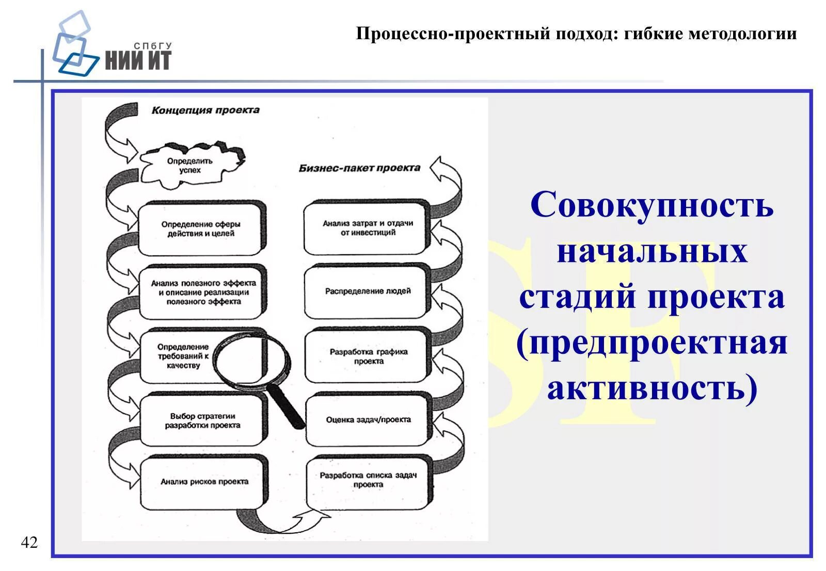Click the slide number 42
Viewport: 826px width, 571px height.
(29, 542)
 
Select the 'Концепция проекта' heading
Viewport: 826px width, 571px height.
(205, 110)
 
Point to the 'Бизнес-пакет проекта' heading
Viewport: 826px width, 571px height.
(359, 168)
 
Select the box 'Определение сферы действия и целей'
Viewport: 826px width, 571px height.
(200, 229)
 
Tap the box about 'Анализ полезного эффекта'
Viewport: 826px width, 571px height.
(203, 292)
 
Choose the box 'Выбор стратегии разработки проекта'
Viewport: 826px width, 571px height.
(202, 420)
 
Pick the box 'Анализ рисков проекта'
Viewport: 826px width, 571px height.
(204, 481)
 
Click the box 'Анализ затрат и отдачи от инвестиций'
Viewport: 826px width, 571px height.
(368, 228)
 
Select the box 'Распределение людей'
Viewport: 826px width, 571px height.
(368, 291)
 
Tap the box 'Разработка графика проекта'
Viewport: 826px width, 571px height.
(368, 356)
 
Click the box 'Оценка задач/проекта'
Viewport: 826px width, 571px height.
(368, 419)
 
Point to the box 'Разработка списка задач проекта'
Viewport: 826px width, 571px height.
(368, 480)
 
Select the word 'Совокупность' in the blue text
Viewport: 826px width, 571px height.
(652, 205)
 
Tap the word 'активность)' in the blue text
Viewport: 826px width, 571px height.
(652, 388)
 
